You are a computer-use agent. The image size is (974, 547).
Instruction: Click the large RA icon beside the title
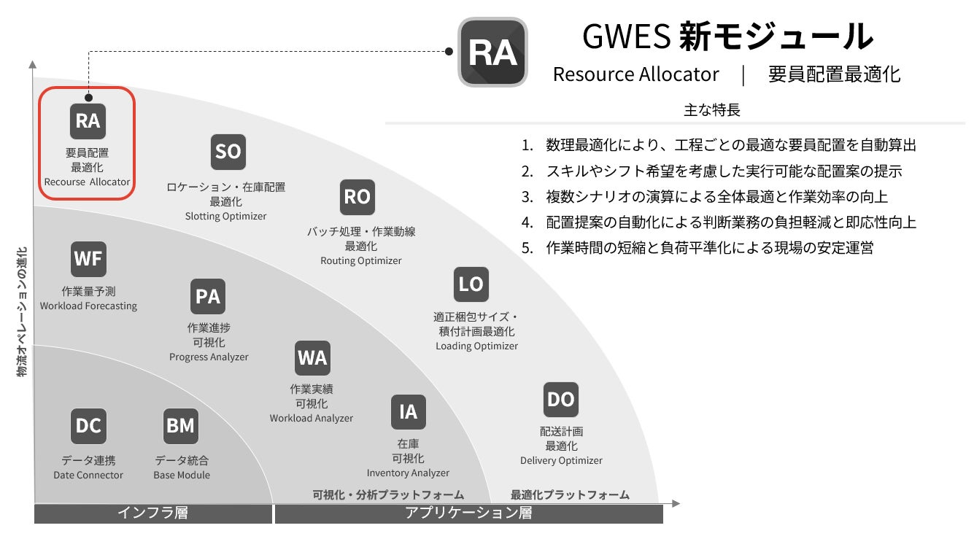[x=492, y=53]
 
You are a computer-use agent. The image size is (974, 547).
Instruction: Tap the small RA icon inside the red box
[x=88, y=121]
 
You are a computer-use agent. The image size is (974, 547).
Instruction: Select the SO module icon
[x=228, y=152]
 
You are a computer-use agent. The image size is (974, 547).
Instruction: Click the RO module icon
[x=357, y=197]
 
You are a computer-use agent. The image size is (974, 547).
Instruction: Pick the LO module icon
[x=471, y=284]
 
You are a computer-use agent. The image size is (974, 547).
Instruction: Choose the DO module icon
[x=560, y=400]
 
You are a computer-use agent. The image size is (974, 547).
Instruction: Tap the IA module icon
[x=408, y=412]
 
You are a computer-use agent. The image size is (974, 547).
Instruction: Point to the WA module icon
[x=312, y=358]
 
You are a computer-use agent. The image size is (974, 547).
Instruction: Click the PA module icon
[x=208, y=297]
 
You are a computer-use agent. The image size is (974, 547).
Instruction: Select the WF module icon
[x=88, y=259]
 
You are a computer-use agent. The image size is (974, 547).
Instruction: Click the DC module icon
[x=88, y=426]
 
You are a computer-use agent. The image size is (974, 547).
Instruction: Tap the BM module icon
[x=181, y=426]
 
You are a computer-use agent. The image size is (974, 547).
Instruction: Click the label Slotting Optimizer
[x=225, y=216]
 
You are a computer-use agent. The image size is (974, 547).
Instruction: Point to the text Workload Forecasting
[x=88, y=306]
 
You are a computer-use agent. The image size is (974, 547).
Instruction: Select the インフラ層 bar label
[x=152, y=513]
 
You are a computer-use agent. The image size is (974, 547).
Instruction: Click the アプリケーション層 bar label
[x=468, y=513]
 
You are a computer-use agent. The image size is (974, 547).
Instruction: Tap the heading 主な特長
[x=711, y=110]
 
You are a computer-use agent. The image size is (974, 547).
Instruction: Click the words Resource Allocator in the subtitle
[x=635, y=74]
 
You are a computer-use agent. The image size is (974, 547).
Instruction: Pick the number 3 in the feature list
[x=527, y=197]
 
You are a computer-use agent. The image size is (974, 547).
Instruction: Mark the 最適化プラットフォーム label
[x=570, y=494]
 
